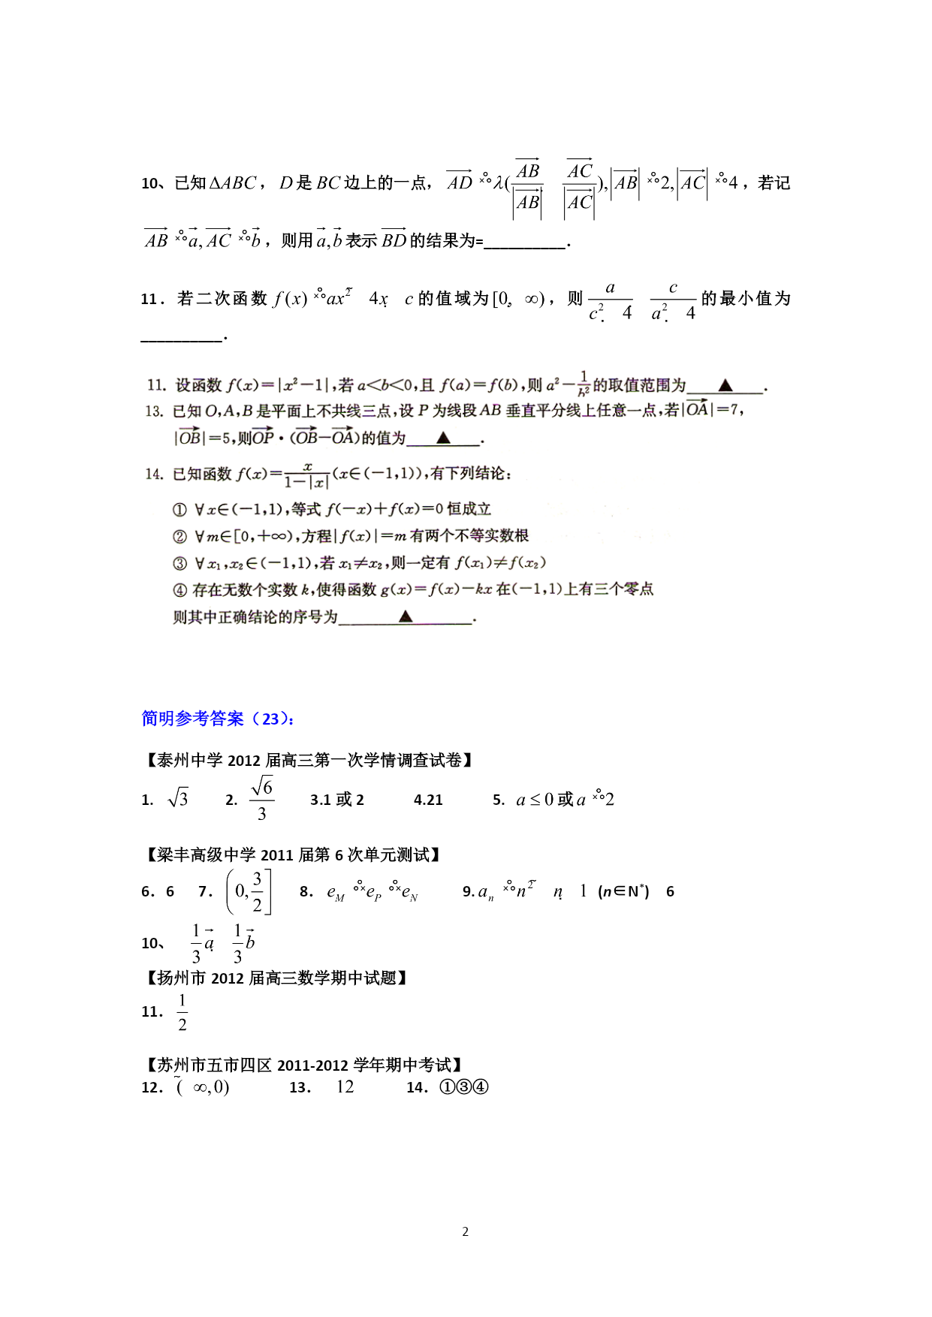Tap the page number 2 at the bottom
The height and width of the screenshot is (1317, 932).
466,1231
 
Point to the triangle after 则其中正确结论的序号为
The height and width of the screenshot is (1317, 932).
406,616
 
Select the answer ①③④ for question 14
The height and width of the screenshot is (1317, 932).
464,1086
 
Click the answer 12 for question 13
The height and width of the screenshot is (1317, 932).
345,1086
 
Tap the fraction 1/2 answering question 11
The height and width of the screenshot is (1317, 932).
182,1012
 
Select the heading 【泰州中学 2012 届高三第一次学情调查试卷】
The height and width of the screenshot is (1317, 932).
308,760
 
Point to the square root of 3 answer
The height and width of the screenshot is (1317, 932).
178,799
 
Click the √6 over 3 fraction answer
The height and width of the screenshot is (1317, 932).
261,800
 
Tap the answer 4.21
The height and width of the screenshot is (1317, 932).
428,800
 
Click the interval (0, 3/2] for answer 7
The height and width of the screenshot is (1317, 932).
249,891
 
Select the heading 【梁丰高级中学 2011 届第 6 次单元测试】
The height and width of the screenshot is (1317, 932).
292,854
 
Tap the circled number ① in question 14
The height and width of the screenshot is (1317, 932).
179,510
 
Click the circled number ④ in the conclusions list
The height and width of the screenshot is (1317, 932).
179,590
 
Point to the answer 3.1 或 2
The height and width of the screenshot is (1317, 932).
336,800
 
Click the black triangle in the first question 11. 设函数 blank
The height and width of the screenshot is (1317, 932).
725,385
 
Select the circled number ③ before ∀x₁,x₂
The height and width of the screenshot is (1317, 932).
179,564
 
